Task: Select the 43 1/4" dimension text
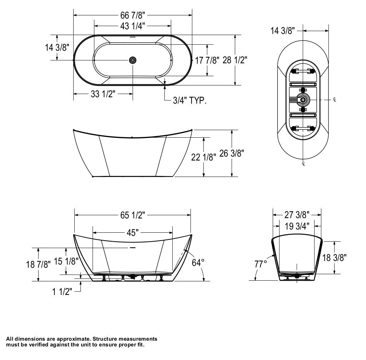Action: (132, 25)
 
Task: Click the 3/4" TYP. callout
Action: (189, 100)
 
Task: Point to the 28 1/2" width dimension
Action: (235, 60)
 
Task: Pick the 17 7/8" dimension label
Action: (207, 60)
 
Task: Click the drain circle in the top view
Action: (133, 60)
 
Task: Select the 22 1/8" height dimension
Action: (204, 157)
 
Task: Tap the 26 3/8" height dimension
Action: (232, 153)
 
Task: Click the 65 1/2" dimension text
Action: (132, 215)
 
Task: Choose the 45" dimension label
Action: (132, 233)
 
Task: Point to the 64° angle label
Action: (198, 263)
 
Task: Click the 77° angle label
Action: (261, 265)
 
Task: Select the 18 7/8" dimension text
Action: (38, 264)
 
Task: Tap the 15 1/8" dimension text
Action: (66, 261)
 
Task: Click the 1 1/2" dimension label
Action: (62, 292)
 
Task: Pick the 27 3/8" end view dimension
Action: (297, 215)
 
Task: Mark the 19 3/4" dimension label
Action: (297, 226)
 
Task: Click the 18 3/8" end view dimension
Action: (334, 257)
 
